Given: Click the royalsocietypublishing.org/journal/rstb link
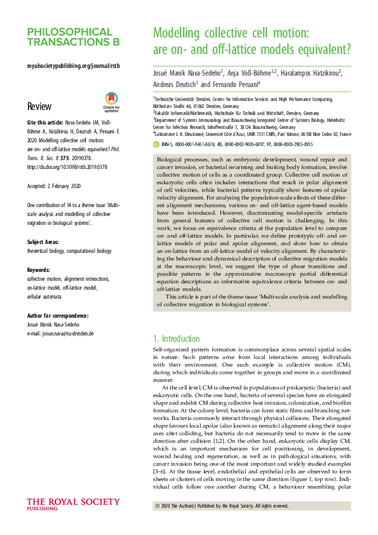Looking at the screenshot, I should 74,66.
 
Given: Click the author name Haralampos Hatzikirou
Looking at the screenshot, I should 306,72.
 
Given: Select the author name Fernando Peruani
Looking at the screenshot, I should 232,84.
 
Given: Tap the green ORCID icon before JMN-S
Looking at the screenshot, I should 158,144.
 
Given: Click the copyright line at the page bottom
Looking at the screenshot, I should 222,506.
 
